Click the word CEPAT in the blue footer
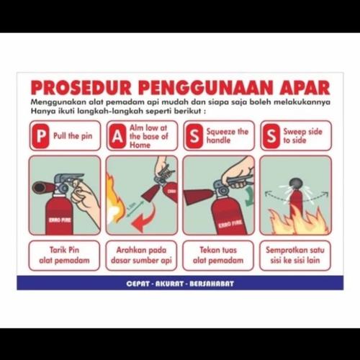(139, 284)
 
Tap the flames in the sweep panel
(295, 220)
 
